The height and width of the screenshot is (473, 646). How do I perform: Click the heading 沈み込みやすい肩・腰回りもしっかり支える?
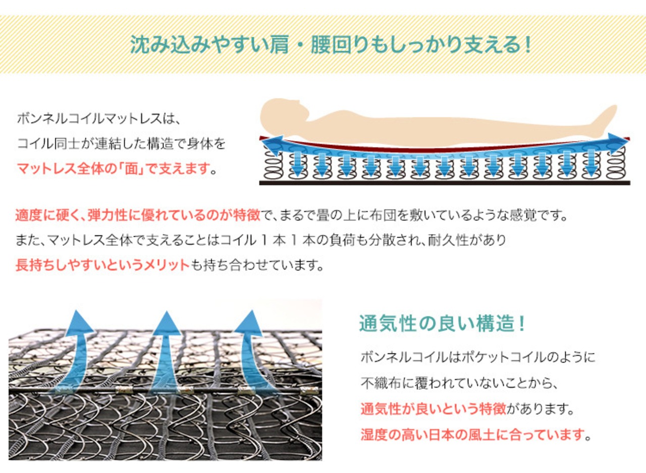pyautogui.click(x=331, y=45)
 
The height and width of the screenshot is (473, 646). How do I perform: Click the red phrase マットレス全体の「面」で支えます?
pyautogui.click(x=113, y=169)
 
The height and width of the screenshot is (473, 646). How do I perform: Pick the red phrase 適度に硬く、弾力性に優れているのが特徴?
pyautogui.click(x=138, y=216)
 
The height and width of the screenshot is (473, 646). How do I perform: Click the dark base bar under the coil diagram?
pyautogui.click(x=444, y=182)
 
